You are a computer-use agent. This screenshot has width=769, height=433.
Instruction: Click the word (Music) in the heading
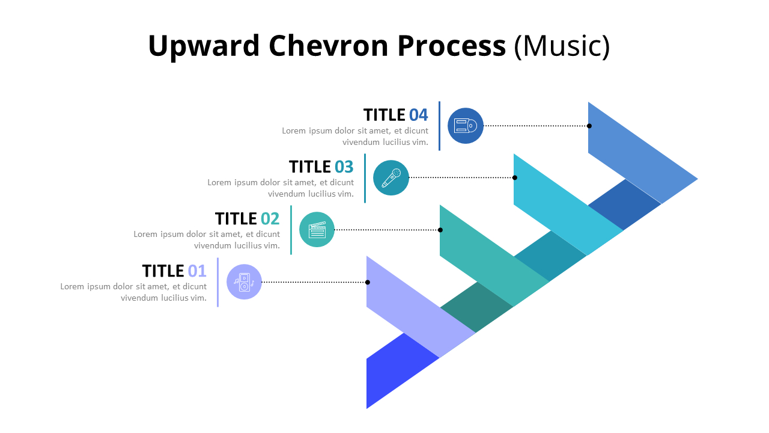(x=562, y=46)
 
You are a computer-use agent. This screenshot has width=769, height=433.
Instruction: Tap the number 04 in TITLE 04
(x=418, y=115)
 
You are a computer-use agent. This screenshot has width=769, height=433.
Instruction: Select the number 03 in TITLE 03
(x=344, y=167)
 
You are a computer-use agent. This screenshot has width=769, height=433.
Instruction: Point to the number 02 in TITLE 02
(x=270, y=218)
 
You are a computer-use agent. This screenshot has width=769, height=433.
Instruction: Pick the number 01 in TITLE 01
(x=196, y=271)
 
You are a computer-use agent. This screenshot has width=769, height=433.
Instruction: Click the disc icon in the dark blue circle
(x=466, y=126)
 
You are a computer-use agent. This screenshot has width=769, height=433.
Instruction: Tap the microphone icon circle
(x=391, y=177)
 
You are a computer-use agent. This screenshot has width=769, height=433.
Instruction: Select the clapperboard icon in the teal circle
(x=317, y=230)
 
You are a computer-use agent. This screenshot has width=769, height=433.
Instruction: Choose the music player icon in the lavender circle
(x=244, y=282)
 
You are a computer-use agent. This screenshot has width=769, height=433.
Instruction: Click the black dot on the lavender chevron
(x=368, y=282)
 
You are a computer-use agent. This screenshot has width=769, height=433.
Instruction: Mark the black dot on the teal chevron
(x=440, y=230)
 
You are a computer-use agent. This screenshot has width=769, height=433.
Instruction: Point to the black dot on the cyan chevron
(x=515, y=177)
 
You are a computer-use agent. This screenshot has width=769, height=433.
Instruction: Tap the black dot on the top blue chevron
(x=589, y=126)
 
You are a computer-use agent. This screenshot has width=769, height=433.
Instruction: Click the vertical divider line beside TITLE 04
(x=439, y=126)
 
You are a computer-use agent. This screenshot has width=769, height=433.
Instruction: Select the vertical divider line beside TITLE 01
(x=217, y=282)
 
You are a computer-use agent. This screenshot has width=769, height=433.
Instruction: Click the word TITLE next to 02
(x=236, y=218)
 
